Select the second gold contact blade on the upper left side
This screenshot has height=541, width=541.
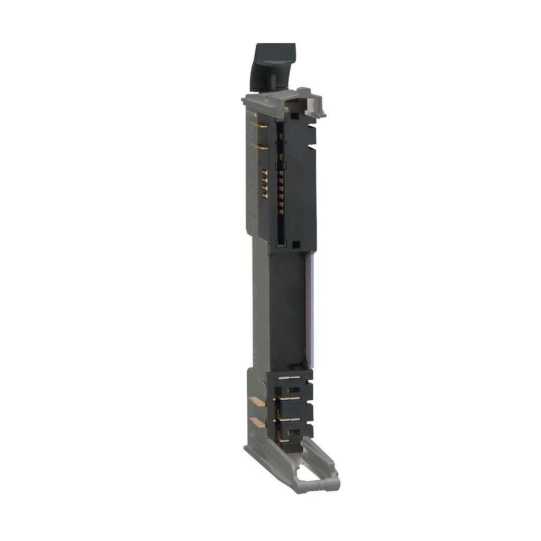pyautogui.click(x=259, y=146)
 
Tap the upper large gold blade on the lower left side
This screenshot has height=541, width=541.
pyautogui.click(x=257, y=402)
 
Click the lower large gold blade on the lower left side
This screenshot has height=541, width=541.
pyautogui.click(x=257, y=422)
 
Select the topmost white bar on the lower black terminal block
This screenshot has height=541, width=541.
pyautogui.click(x=290, y=378)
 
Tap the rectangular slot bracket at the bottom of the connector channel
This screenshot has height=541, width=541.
pyautogui.click(x=281, y=244)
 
